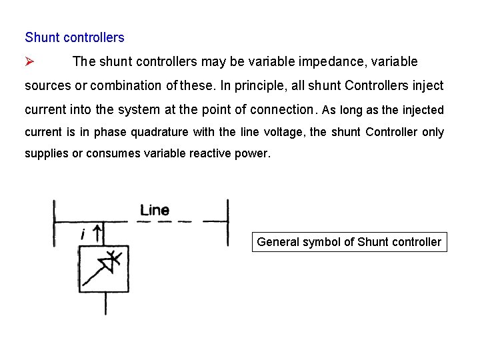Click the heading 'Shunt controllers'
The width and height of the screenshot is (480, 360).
tap(75, 37)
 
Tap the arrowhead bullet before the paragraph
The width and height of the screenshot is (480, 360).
tap(29, 62)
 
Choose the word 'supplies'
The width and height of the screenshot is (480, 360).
tap(46, 153)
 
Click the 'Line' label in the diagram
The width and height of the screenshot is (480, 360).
tap(154, 210)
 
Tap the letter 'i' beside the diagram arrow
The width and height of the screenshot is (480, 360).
tap(83, 234)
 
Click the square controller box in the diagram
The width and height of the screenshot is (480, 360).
tap(104, 269)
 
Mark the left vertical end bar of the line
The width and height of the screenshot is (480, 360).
tap(54, 223)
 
